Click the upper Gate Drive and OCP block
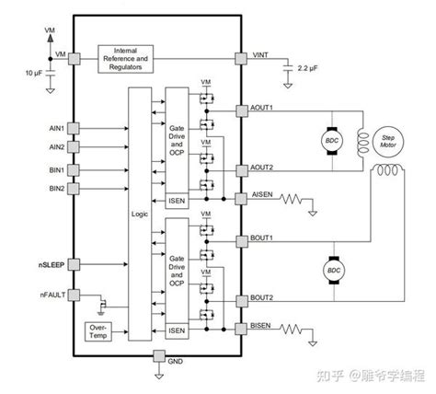coord(177,143)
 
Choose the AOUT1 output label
coord(265,108)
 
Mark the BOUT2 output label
coord(265,298)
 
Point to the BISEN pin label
coord(264,326)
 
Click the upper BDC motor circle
coord(331,140)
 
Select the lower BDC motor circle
coord(331,270)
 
